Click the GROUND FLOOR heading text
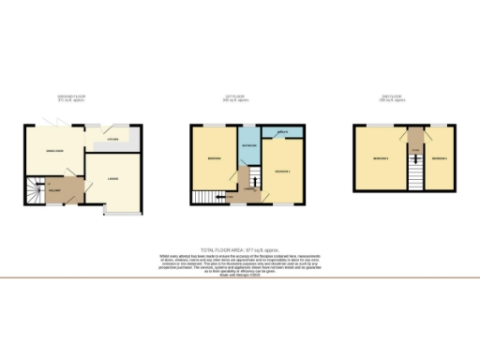71,97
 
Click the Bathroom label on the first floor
249,146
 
